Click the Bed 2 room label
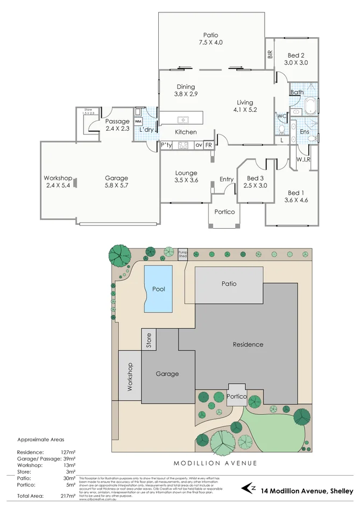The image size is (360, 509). (x=296, y=55)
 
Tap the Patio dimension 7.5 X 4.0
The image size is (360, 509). (x=210, y=42)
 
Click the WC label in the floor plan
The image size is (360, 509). (x=281, y=116)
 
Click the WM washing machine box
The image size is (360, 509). (x=138, y=122)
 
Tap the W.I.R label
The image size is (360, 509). (x=303, y=159)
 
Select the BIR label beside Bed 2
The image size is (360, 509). (x=270, y=54)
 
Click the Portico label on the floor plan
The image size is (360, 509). (x=224, y=212)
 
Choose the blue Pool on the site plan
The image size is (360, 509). (x=158, y=289)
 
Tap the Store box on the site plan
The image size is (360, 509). (x=149, y=341)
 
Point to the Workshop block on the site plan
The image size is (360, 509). (x=129, y=376)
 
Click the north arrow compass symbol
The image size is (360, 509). (x=249, y=489)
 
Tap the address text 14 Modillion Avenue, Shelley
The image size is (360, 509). (x=307, y=491)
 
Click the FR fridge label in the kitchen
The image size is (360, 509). (x=208, y=145)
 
